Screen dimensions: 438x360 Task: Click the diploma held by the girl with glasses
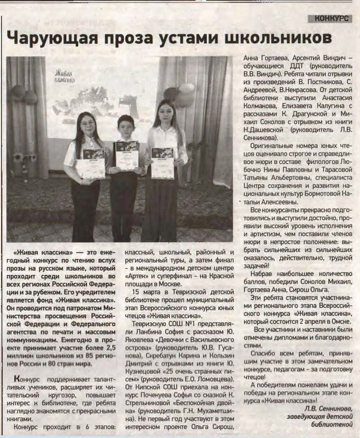[x=93, y=163]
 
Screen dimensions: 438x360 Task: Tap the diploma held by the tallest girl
[x=162, y=163]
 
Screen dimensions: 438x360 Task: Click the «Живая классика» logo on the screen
[x=65, y=77]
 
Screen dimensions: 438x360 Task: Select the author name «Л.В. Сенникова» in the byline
[x=328, y=409]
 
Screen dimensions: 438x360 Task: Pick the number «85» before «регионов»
[x=90, y=356]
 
